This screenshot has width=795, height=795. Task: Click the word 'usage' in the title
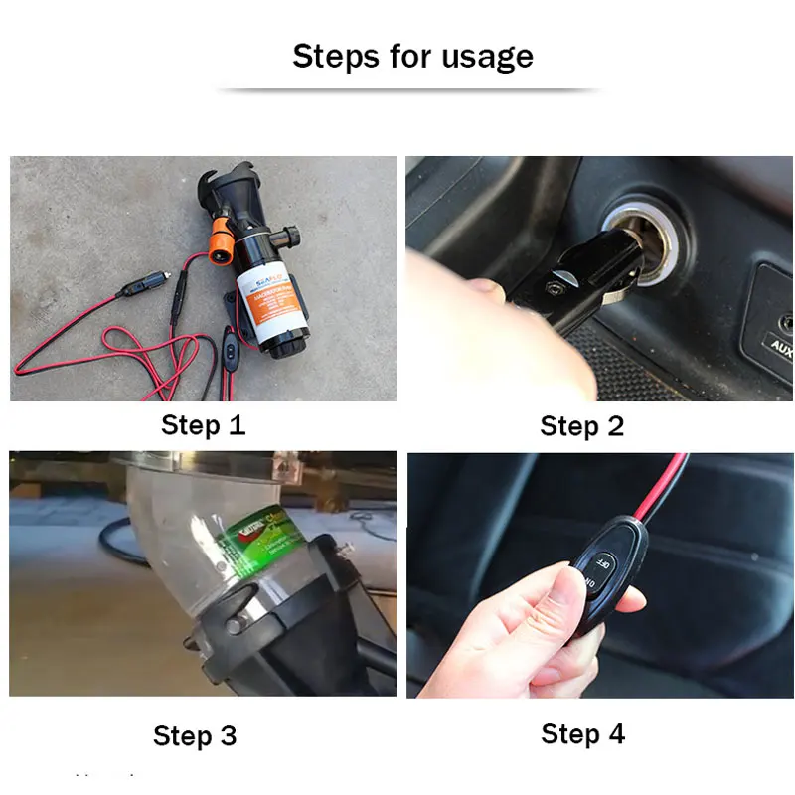click(486, 57)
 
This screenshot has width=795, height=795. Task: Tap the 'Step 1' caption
click(203, 425)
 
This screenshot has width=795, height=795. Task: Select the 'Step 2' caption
click(582, 426)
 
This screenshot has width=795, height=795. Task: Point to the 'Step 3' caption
click(195, 736)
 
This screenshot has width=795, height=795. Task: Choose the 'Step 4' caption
click(583, 734)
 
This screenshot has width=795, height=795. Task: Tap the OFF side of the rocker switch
click(604, 560)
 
